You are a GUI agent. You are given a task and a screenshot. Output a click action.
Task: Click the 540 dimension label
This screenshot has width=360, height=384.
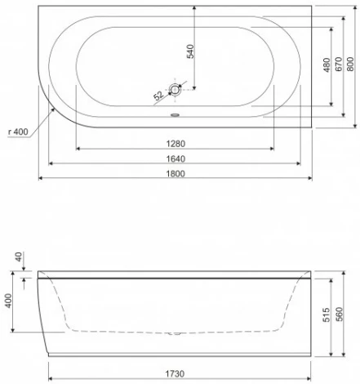[190, 51]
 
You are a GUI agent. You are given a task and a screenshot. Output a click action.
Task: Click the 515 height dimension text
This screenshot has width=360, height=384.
[325, 315]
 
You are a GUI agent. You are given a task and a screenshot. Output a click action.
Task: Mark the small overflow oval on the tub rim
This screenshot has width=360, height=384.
[174, 114]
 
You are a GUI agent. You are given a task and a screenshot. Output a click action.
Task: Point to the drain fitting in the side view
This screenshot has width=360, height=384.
[174, 333]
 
